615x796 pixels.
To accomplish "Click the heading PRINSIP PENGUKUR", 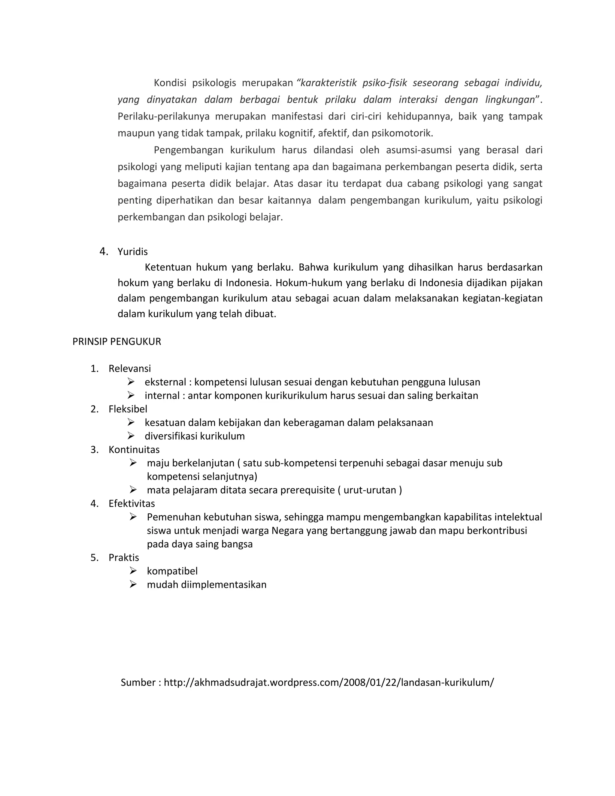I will pos(117,342).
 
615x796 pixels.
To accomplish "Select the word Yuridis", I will pos(133,252).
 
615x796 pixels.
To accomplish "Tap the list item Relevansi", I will pos(130,369).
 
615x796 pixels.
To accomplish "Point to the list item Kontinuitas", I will pos(134,449).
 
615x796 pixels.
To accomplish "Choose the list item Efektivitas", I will pos(132,503).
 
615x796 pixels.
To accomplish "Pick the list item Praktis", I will pos(124,557).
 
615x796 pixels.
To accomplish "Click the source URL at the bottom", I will pos(329,682).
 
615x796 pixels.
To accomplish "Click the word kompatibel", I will pos(172,571).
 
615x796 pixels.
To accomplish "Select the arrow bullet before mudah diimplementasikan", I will pos(133,584).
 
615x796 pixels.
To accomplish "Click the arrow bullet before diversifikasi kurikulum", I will pos(131,436).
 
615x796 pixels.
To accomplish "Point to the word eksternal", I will pos(165,382).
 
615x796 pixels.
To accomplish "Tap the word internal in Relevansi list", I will pos(162,396).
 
